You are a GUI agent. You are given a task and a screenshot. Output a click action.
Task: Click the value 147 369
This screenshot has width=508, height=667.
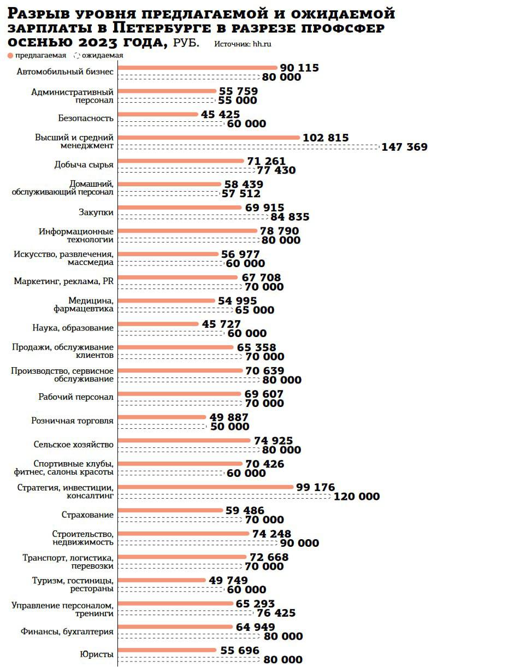[404, 147]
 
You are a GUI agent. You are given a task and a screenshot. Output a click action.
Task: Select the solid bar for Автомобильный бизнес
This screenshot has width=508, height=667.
[198, 68]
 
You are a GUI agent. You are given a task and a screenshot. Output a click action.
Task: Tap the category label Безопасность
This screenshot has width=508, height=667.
[86, 118]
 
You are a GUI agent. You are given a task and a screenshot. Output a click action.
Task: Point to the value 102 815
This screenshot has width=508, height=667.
[326, 138]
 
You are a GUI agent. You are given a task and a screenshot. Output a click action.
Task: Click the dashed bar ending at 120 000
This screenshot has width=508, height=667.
[224, 496]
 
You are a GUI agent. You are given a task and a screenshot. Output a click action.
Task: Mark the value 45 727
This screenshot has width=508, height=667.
[221, 324]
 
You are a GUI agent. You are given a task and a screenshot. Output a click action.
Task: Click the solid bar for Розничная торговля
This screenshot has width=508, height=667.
[162, 417]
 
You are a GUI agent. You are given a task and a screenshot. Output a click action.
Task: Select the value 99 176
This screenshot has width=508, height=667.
[315, 487]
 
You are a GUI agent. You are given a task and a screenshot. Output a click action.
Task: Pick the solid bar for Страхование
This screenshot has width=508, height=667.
[170, 510]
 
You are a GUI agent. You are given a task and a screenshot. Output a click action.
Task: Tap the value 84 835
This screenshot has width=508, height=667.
[287, 217]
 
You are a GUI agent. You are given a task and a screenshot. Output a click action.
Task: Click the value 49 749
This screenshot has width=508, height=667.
[228, 580]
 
